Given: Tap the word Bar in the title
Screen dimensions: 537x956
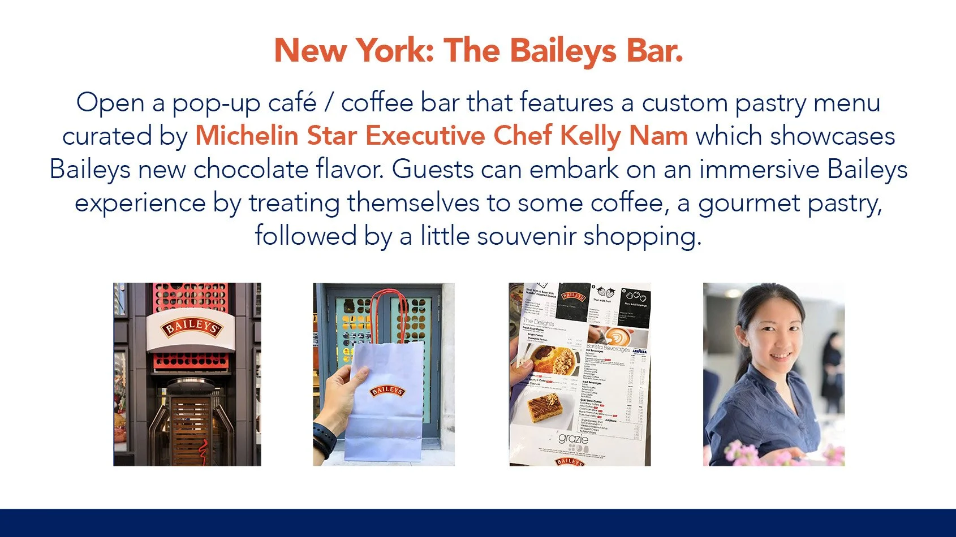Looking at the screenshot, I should (x=653, y=51).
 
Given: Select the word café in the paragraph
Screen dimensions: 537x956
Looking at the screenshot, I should (x=292, y=103).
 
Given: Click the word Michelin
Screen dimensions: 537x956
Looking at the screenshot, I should (x=247, y=136).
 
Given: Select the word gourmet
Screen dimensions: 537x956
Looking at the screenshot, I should (x=748, y=203).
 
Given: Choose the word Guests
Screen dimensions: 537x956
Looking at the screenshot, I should (x=428, y=170).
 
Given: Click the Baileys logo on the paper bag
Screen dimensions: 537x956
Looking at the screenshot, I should (x=387, y=391).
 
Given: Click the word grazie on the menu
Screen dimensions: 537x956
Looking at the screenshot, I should (x=572, y=439).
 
